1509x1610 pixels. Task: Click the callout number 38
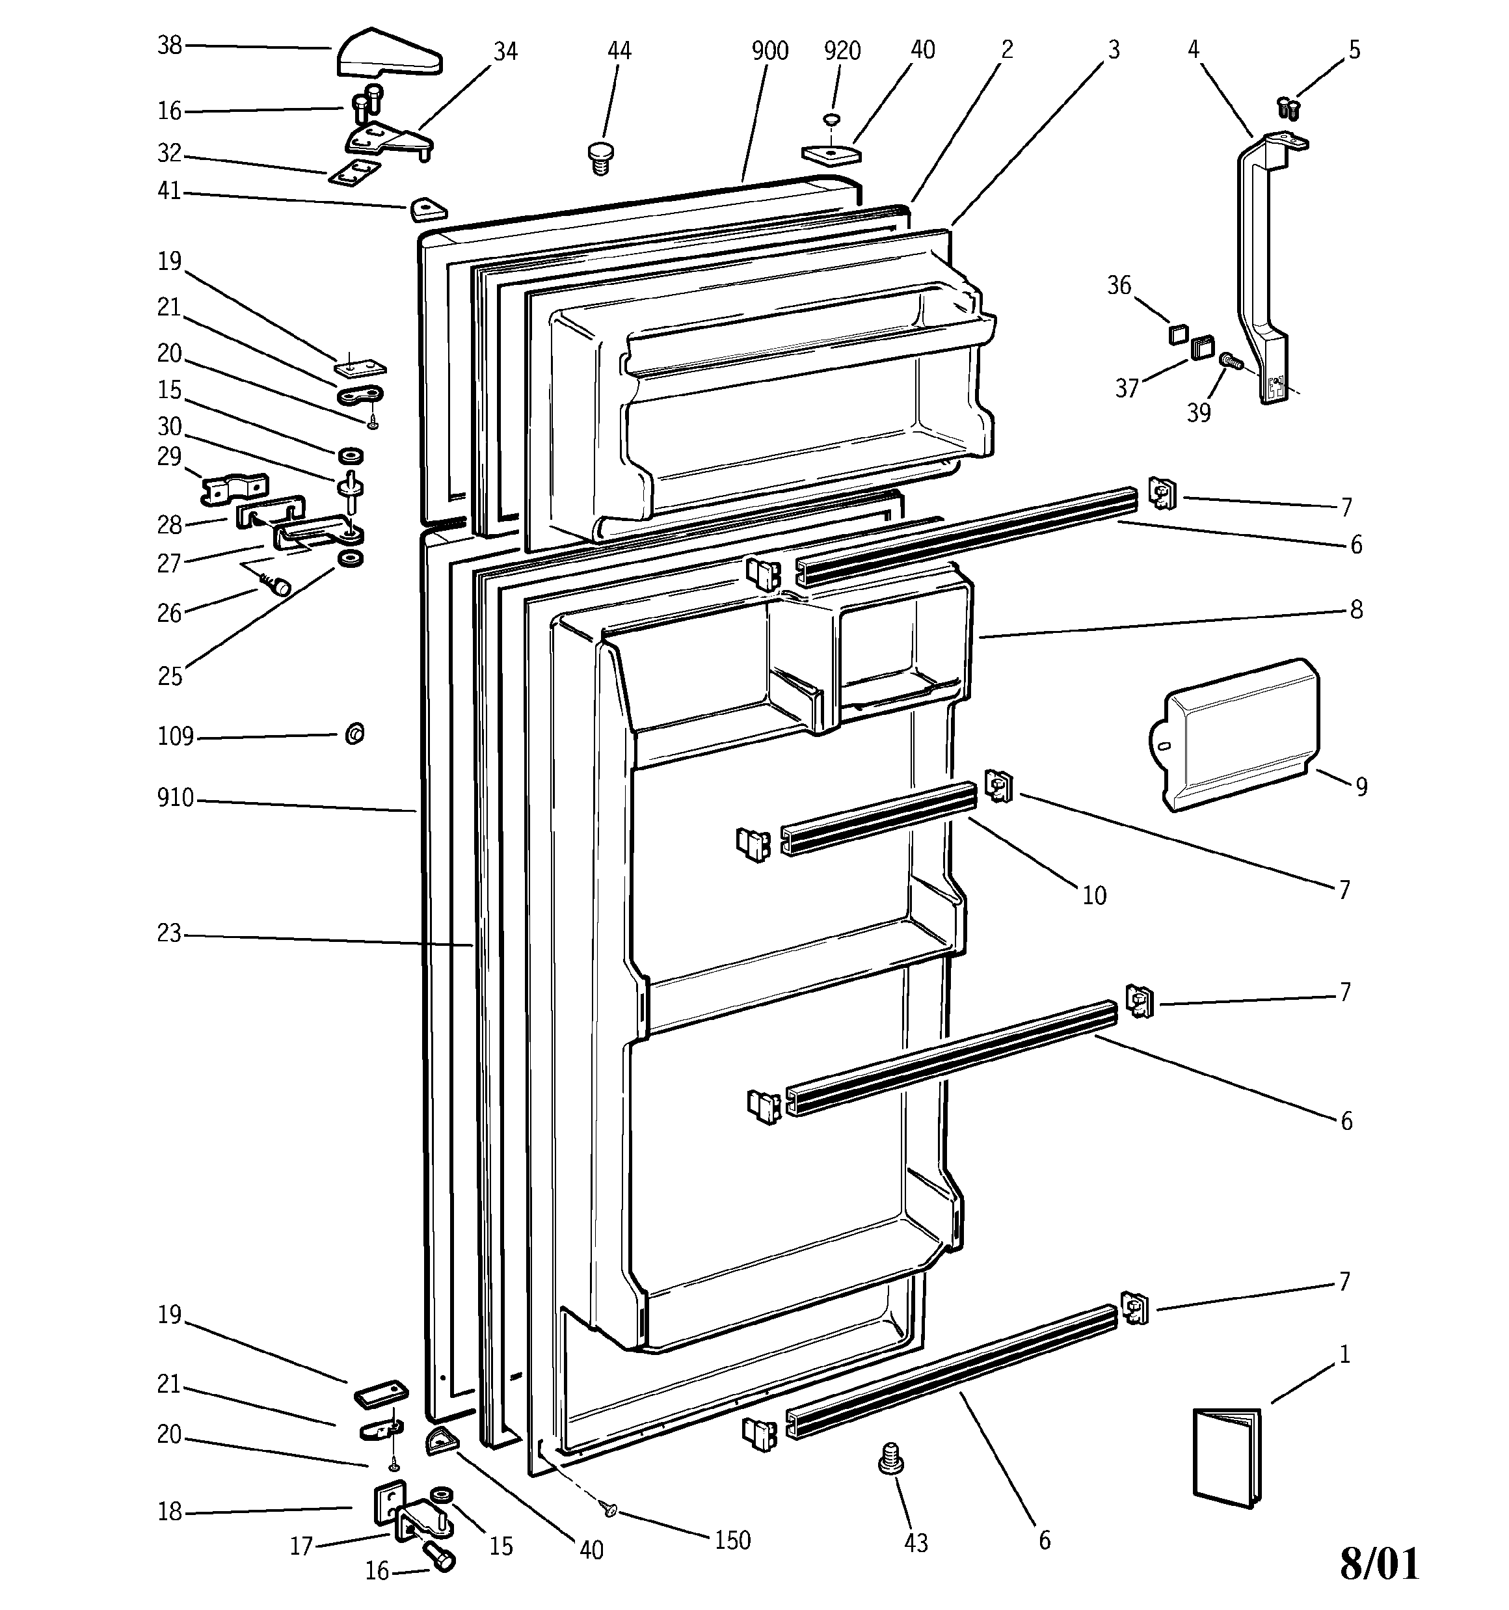click(169, 46)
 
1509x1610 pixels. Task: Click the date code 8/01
click(1379, 1564)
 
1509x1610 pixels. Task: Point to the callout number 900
click(769, 51)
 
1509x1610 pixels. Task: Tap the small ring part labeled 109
click(354, 734)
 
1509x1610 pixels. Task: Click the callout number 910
click(176, 799)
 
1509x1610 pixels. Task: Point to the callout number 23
click(169, 933)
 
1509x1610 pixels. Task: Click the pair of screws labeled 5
click(1287, 106)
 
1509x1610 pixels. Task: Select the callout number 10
click(1093, 895)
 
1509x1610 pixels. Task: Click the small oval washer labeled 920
click(830, 120)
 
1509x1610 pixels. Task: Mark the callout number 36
click(1119, 285)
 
